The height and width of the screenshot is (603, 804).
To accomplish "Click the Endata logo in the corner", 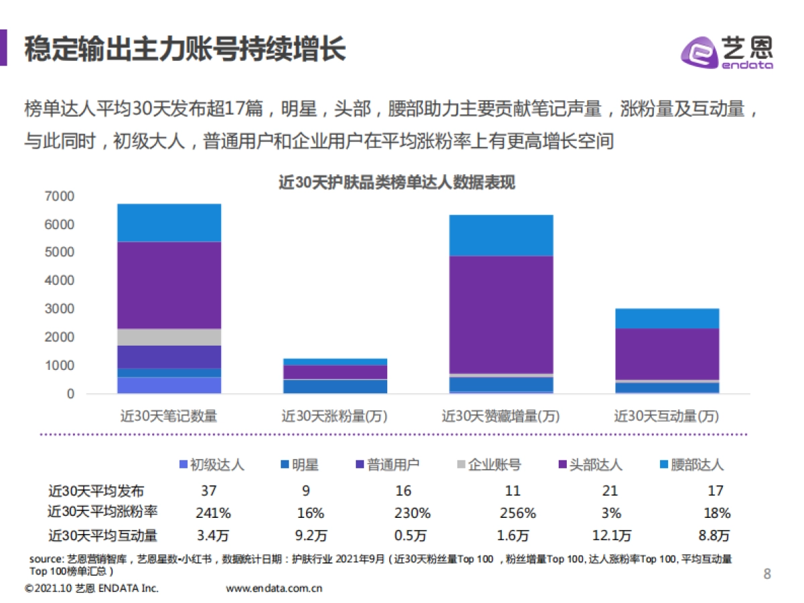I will click(x=727, y=51).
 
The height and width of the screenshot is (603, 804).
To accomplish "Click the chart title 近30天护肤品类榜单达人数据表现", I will click(x=397, y=182).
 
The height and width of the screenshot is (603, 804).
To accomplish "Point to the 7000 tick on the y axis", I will click(x=60, y=196).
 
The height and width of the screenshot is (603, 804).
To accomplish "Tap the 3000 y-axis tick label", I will click(x=60, y=309).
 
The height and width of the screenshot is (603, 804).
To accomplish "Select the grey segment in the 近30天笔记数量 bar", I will click(x=169, y=337).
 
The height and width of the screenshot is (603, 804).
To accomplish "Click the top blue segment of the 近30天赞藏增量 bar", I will click(x=500, y=235).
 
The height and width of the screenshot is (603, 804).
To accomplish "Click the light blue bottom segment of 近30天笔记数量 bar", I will click(x=169, y=385).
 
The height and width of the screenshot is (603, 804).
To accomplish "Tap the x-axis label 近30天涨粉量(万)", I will click(x=334, y=416).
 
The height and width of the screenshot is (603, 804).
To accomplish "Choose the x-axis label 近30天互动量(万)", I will click(x=666, y=416).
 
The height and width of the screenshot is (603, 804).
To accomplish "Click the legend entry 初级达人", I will click(x=212, y=464).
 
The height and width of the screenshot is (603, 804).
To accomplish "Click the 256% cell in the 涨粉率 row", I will click(x=517, y=513).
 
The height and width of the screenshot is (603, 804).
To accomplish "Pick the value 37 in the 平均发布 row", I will click(x=208, y=490).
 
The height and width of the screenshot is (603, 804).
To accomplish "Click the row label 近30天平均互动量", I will click(x=103, y=535).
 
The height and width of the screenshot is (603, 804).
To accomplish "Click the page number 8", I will click(x=767, y=574).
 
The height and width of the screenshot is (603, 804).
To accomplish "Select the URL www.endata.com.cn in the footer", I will click(x=275, y=589).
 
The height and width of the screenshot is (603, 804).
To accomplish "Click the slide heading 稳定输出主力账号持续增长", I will click(x=185, y=50).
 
